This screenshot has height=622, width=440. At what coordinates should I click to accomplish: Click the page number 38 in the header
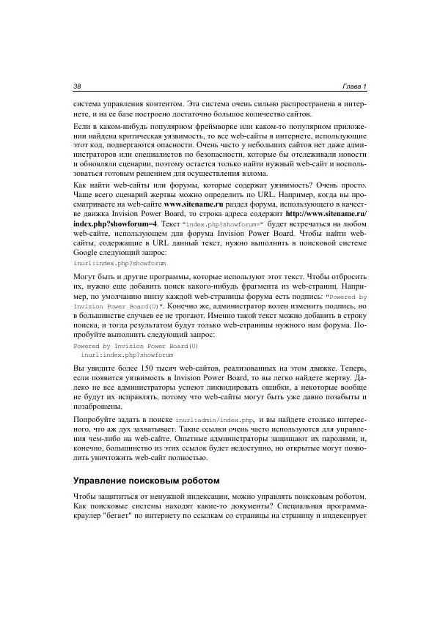pyautogui.click(x=78, y=87)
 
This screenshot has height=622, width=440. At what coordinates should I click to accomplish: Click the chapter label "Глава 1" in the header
pyautogui.click(x=354, y=87)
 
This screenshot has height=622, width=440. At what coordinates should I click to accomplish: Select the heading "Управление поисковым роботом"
pyautogui.click(x=140, y=481)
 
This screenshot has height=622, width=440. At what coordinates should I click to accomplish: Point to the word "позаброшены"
pyautogui.click(x=98, y=406)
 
